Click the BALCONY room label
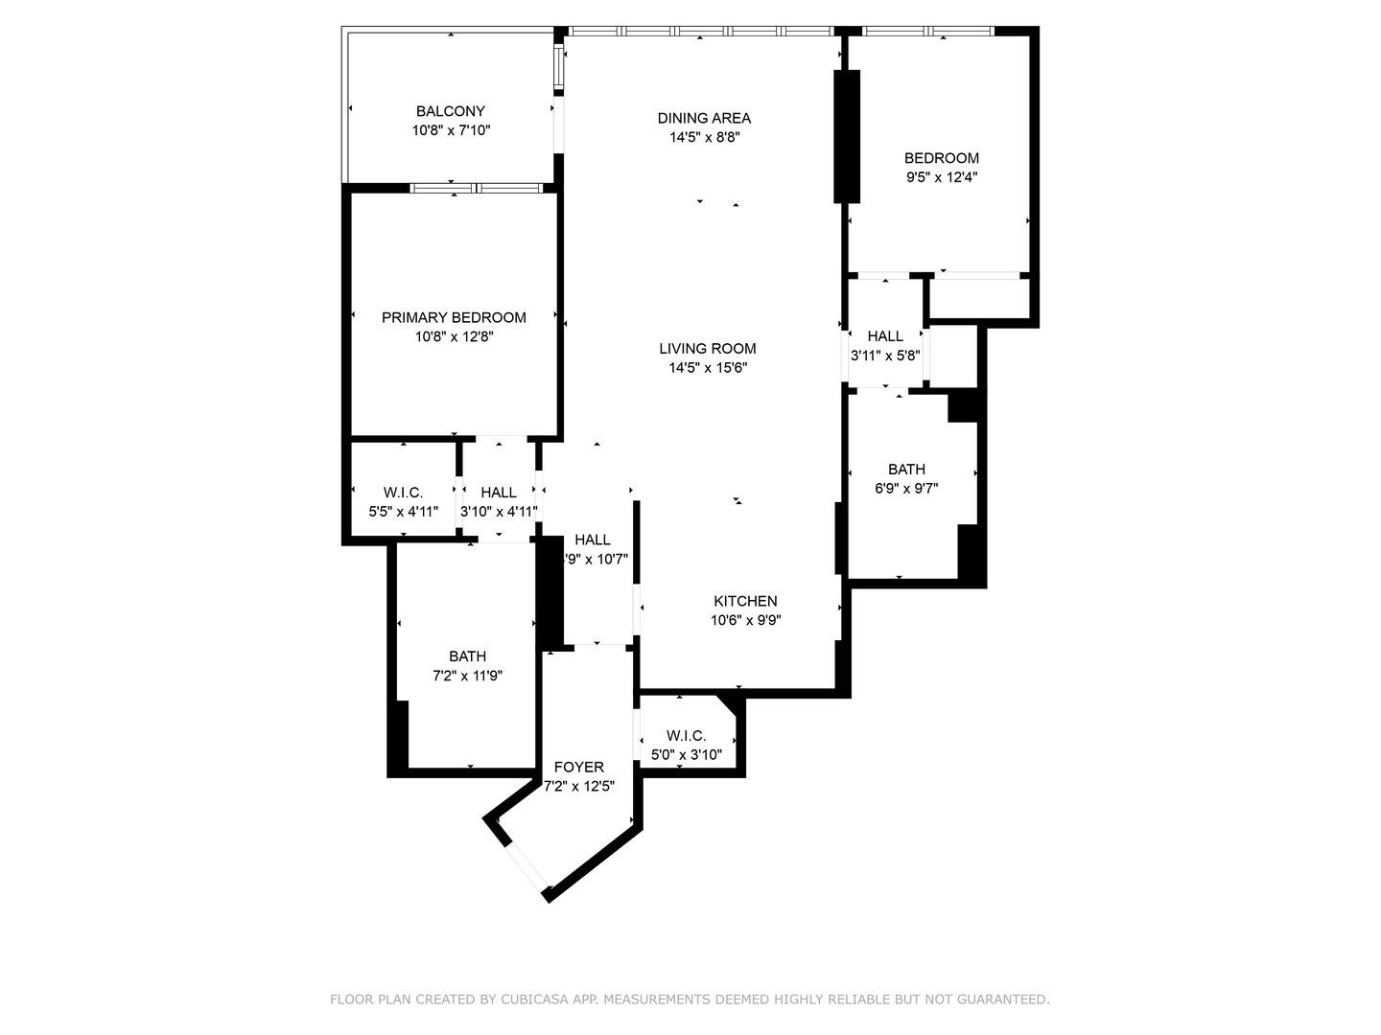tap(450, 111)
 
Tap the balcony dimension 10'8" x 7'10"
tap(451, 130)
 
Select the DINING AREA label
tap(704, 118)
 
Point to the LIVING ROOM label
tap(707, 349)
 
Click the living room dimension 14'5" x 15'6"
tap(707, 368)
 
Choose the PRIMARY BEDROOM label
tap(454, 317)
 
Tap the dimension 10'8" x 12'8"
tap(454, 336)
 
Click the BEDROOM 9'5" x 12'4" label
tap(941, 158)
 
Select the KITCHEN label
tap(745, 601)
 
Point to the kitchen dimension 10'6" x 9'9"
tap(745, 620)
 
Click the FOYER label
tap(579, 767)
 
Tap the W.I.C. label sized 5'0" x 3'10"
tap(686, 735)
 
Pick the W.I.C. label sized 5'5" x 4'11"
tap(403, 493)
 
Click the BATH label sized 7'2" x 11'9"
tap(467, 656)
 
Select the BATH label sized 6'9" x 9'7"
tap(906, 469)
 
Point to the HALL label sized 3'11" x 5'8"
tap(884, 336)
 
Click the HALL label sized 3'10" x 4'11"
tap(499, 493)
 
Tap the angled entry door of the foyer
tap(526, 866)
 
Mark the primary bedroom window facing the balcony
tap(477, 188)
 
